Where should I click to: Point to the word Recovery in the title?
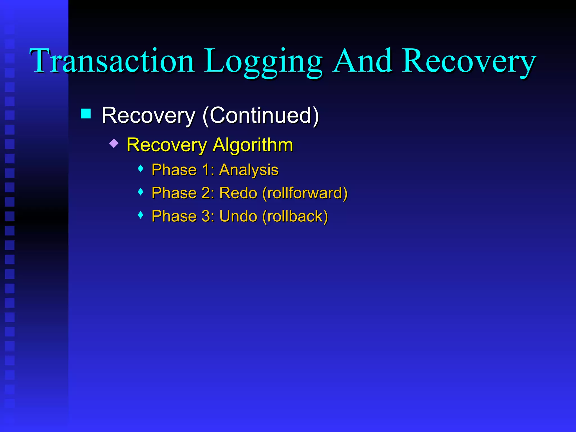click(469, 62)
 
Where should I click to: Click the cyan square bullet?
click(86, 114)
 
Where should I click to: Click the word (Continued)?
click(261, 115)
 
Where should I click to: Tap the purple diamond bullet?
click(114, 143)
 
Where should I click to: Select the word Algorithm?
click(253, 145)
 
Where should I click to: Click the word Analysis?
click(249, 170)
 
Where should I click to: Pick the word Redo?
click(238, 193)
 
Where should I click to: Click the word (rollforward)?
click(305, 193)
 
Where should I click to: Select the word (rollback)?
click(295, 216)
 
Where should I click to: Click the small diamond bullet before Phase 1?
click(141, 169)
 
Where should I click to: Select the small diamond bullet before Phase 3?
click(141, 215)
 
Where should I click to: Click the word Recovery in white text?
click(148, 115)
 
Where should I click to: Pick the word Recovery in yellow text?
click(166, 145)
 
